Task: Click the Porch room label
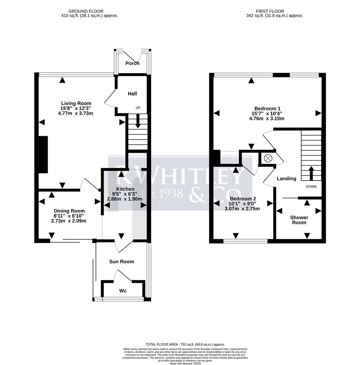coord(132,63)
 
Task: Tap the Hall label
coord(132,94)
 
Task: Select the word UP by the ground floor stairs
coord(138,108)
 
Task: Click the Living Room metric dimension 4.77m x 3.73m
coord(75,113)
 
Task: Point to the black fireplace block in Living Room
coord(43,154)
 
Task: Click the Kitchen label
coord(125,189)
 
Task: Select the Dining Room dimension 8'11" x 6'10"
coord(69,216)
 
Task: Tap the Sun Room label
coord(121,262)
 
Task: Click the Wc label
coord(123,291)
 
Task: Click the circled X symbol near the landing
coord(268,158)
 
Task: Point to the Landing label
coord(286,178)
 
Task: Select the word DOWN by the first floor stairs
coord(311,187)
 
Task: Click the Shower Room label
coord(299,220)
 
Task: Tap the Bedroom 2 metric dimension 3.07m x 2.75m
coord(242,209)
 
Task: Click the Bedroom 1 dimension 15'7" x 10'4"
coord(267,114)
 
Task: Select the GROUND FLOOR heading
coord(86,11)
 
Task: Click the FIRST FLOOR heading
coord(270,11)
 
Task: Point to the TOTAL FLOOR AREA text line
coord(185,344)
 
